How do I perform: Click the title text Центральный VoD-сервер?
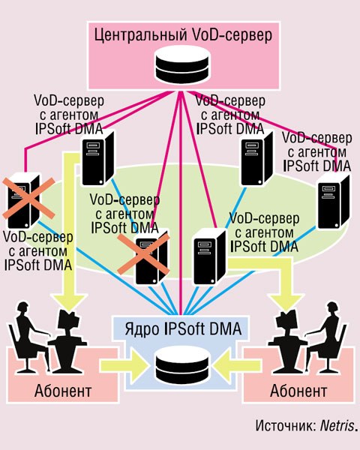(183, 35)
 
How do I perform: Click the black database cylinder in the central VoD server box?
(182, 64)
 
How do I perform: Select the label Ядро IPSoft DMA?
(183, 329)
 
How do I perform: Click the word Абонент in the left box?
(63, 391)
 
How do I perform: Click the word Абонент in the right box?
(298, 391)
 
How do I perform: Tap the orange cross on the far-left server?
(28, 198)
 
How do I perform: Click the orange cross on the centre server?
(143, 254)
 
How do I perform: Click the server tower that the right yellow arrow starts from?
(209, 257)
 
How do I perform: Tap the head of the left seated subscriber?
(23, 309)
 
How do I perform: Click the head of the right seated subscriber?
(332, 309)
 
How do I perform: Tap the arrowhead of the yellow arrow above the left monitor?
(70, 303)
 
